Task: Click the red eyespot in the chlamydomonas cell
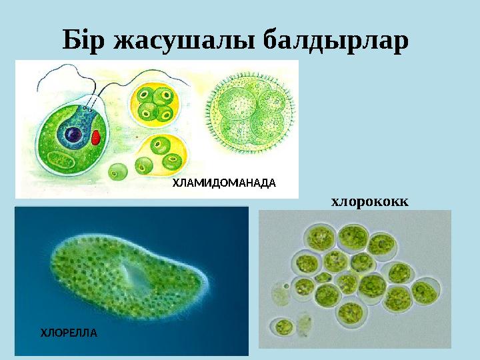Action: (x=96, y=137)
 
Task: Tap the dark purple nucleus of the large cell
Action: (x=72, y=135)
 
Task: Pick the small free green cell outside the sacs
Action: (x=119, y=173)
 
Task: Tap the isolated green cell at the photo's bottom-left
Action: (x=285, y=327)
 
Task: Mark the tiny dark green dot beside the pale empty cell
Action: (x=287, y=287)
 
